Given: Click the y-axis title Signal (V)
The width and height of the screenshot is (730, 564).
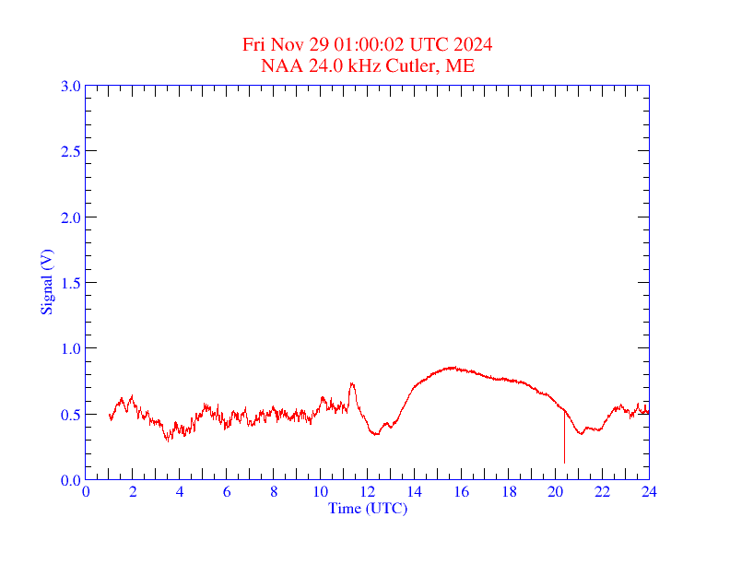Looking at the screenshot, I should pos(45,281).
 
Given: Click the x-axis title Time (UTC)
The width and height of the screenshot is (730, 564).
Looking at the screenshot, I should pos(367,508).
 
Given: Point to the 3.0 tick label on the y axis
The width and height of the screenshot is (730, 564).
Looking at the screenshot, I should pos(71,87).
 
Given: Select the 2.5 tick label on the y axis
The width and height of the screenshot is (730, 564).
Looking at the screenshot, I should pos(71,152).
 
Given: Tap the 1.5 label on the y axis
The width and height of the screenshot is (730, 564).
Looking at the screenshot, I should pos(71,283).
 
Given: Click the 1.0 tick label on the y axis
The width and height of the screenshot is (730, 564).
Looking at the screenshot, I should pos(71,348).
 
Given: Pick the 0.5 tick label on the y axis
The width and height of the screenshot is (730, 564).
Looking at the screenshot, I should pos(71,415).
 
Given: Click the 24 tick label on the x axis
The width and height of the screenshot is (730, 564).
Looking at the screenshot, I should pos(649,491).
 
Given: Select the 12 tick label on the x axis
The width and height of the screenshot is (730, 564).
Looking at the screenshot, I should pos(368,491).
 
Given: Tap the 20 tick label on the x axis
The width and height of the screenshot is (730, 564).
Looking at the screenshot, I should pos(555,491).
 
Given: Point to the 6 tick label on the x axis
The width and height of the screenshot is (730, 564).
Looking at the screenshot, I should pos(227,491).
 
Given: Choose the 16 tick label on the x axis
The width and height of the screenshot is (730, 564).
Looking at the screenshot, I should pos(462,491).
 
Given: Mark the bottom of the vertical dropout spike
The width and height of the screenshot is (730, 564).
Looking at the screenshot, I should pos(564,463).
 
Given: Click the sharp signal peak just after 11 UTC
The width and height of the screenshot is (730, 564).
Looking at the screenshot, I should pos(351,383).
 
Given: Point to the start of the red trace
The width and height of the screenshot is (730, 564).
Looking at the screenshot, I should pos(110,417).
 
